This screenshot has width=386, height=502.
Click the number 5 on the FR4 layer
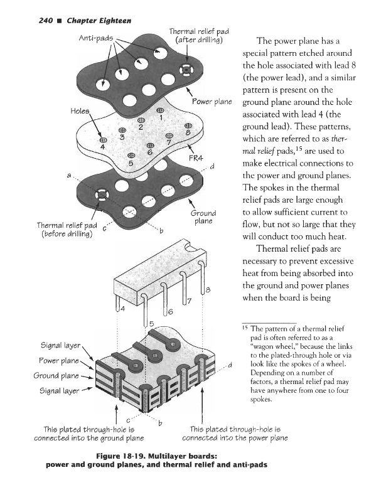point(131,163)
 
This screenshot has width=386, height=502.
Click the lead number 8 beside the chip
point(208,289)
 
